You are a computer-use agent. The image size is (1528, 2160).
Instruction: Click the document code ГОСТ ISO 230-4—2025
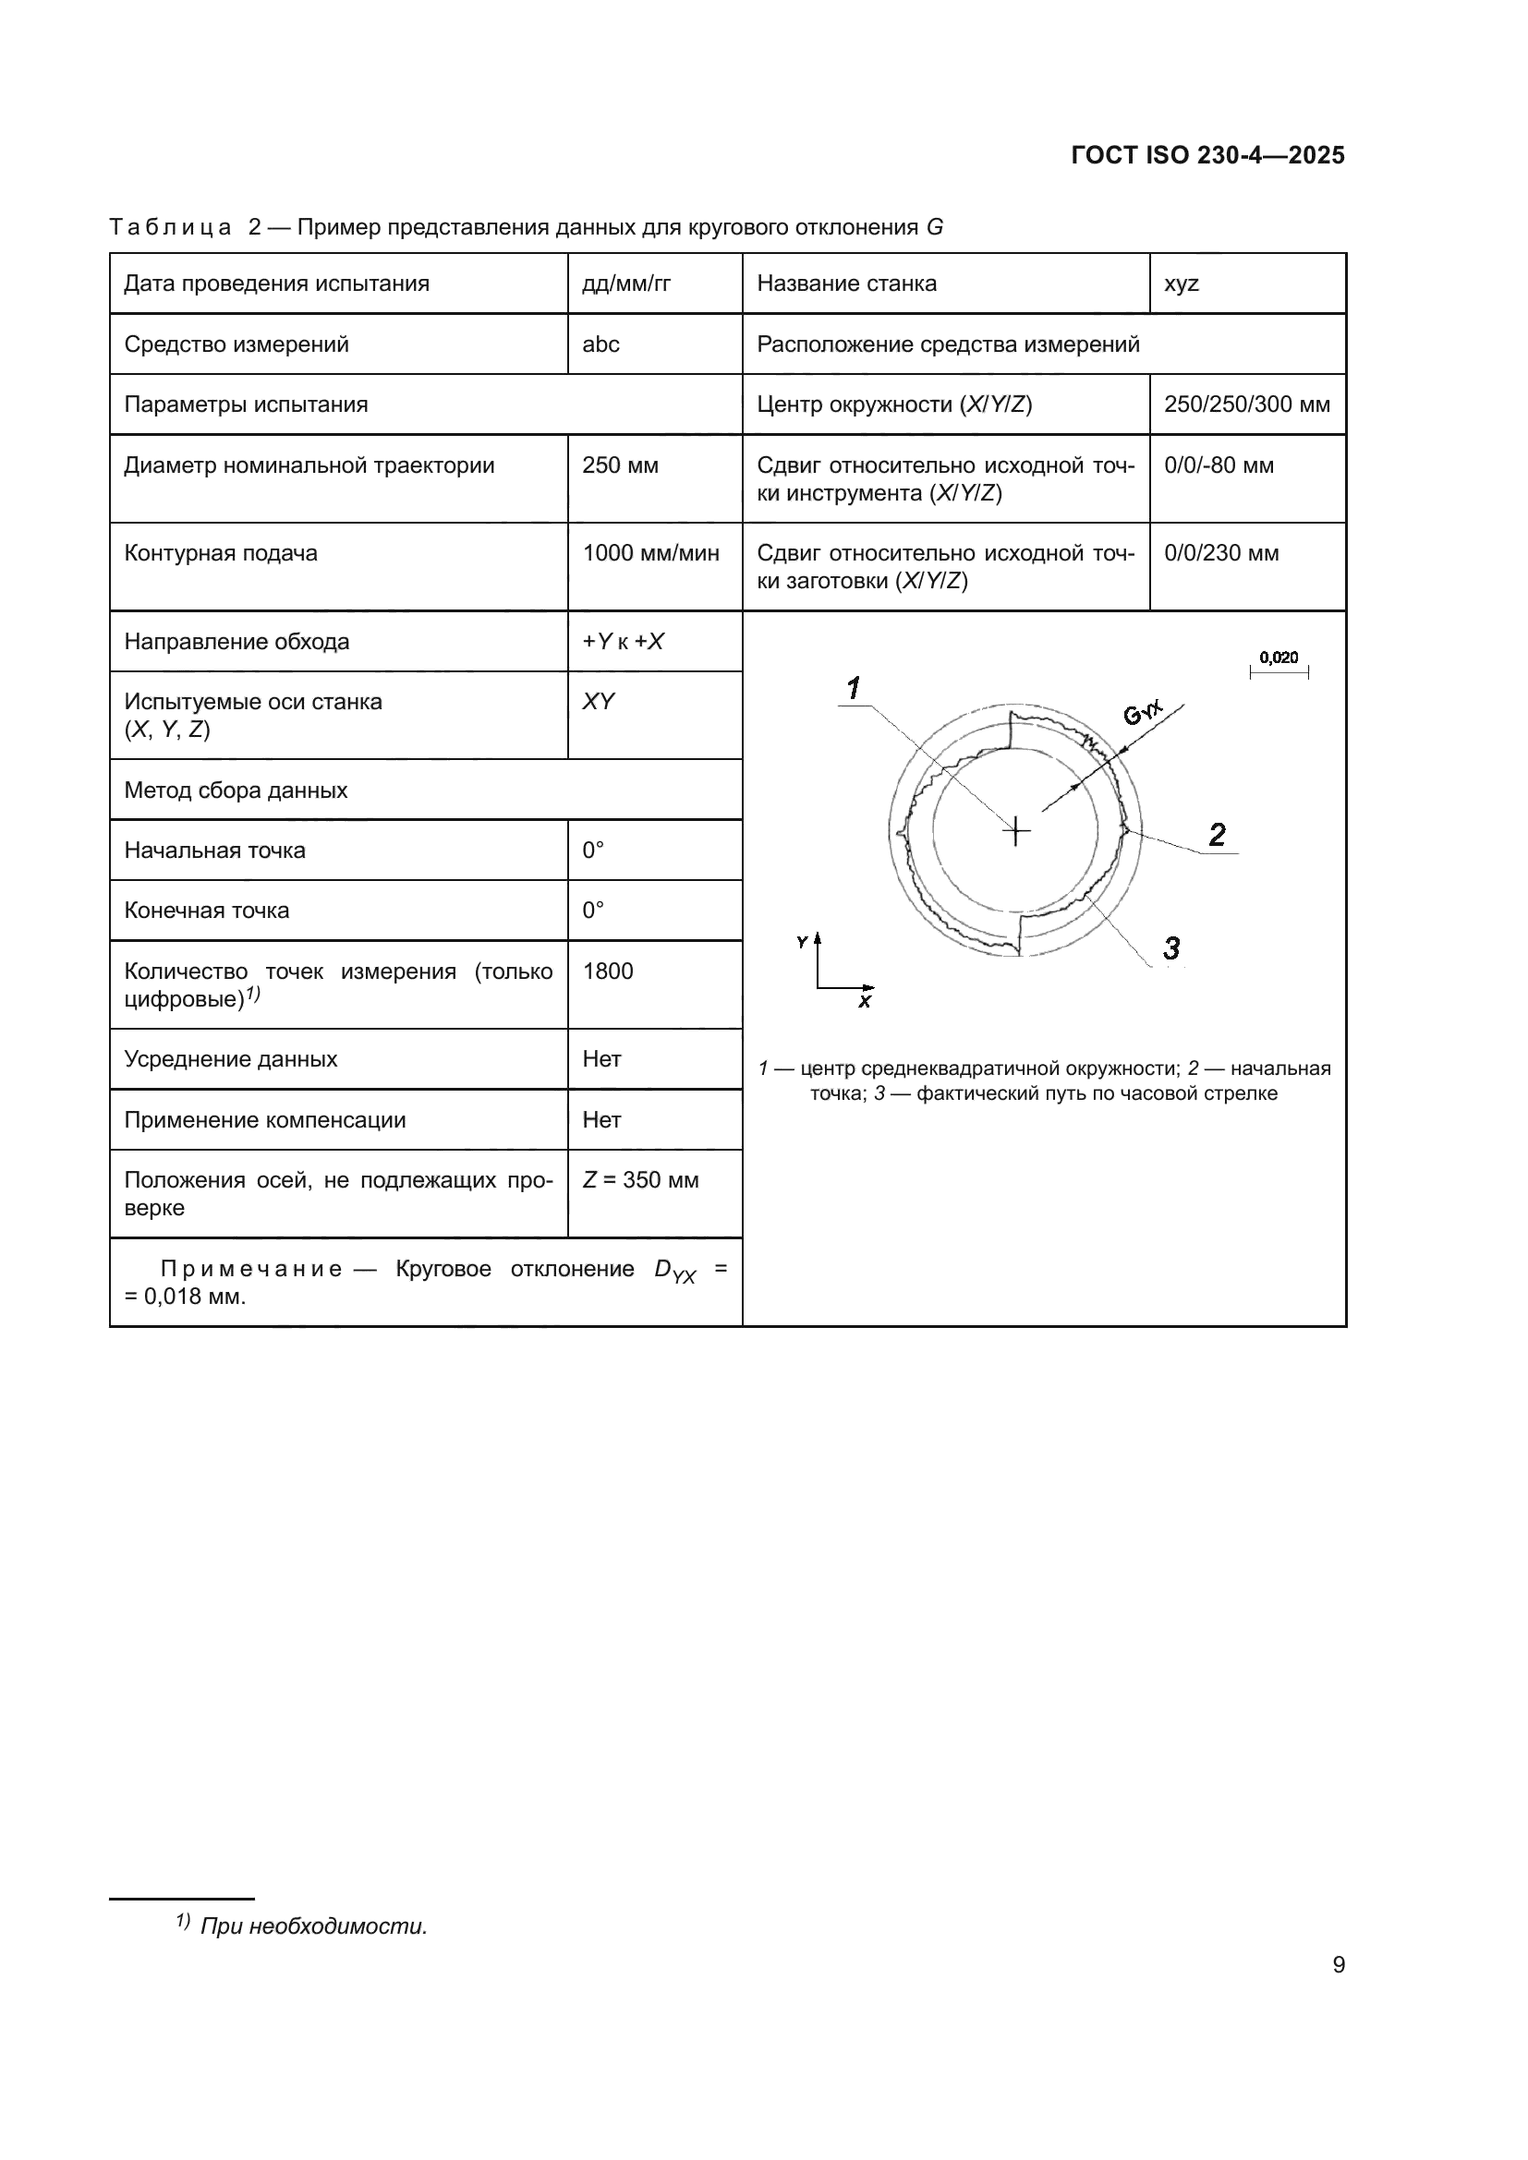1207,155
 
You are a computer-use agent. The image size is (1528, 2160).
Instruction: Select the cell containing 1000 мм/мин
650,553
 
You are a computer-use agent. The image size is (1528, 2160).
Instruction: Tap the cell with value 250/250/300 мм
1245,404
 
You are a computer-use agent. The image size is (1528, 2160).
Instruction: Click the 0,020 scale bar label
1278,658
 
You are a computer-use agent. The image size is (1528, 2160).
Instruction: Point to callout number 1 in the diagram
854,689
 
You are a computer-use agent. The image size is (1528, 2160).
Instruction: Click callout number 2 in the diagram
1217,835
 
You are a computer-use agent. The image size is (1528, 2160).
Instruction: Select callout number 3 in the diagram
1171,947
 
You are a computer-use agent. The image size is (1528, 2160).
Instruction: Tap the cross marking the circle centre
1016,832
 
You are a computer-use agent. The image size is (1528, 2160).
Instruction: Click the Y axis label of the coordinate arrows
802,942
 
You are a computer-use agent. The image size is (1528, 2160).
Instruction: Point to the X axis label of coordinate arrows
865,1002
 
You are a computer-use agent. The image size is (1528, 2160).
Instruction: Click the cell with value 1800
608,971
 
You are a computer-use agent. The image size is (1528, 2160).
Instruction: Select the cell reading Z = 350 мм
640,1179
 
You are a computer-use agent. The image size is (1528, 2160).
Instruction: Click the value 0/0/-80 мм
1219,465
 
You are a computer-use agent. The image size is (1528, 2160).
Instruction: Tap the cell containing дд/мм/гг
625,284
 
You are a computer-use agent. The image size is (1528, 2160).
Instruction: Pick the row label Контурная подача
221,553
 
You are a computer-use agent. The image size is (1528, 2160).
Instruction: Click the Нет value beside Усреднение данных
601,1059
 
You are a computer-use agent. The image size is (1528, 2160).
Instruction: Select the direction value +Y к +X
623,642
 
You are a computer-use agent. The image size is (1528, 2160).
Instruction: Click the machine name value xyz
1181,284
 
